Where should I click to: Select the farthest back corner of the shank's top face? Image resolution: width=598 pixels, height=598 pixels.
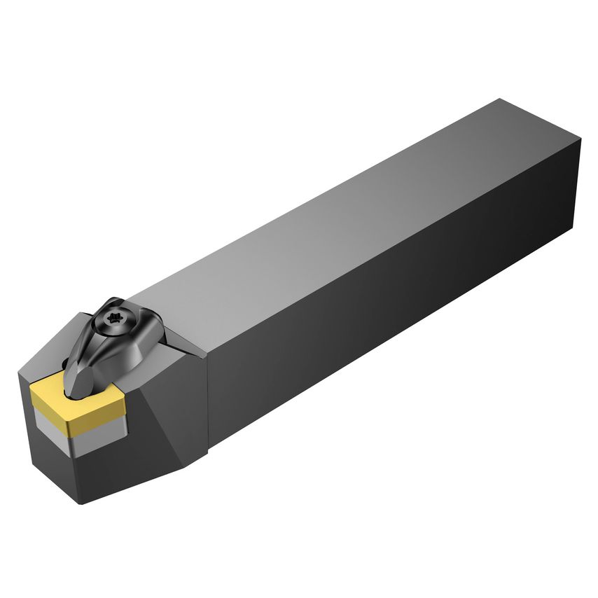499,99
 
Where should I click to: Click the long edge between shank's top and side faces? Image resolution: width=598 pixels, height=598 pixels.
392,245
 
